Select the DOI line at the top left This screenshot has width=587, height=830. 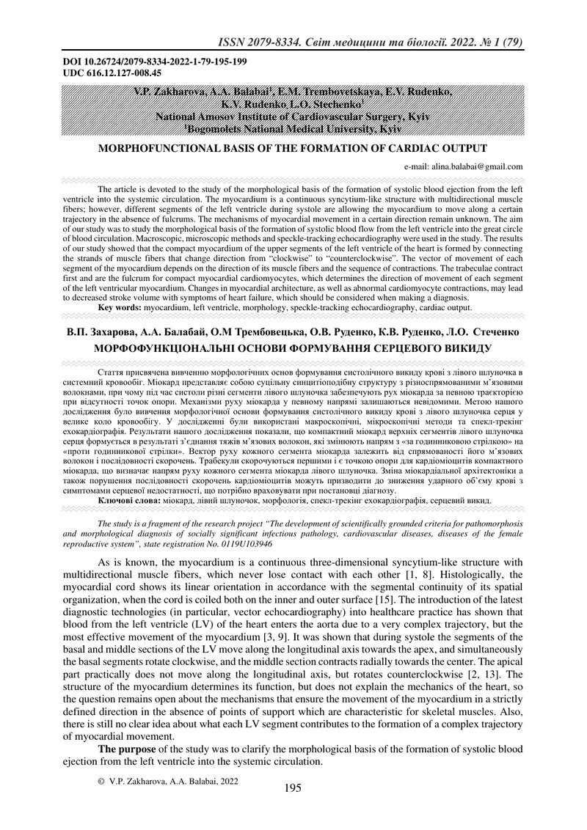pos(155,62)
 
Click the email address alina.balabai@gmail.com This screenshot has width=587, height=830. pos(463,166)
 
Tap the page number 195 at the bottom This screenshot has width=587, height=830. pos(293,788)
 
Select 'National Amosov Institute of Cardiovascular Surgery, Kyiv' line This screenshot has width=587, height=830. pos(293,116)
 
